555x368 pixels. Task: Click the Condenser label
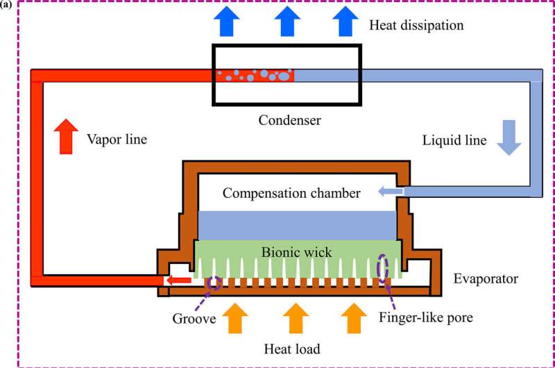(290, 119)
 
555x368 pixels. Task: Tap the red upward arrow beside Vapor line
(66, 136)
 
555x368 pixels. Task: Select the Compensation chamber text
(291, 193)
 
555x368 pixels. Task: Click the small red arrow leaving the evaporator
(181, 281)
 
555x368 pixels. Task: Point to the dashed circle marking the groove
(214, 282)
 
